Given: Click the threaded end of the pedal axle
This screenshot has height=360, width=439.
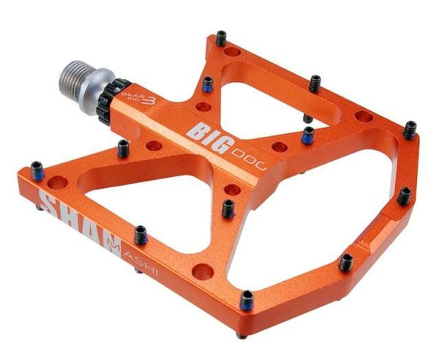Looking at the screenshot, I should point(76,77).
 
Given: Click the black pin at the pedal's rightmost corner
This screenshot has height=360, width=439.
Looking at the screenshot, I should point(410,129).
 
